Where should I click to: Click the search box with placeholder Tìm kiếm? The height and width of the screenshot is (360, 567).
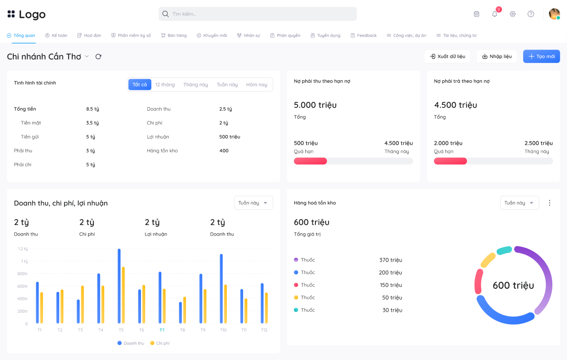tap(257, 14)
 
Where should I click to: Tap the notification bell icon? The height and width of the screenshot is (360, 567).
tap(494, 14)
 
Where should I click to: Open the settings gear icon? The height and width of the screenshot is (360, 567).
tap(513, 14)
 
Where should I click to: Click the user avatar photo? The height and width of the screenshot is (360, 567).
tap(554, 14)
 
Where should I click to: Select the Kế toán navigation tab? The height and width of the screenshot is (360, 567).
tap(56, 35)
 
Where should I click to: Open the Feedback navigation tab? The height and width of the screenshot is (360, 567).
tap(364, 35)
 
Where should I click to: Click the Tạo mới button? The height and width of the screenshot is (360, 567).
tap(541, 56)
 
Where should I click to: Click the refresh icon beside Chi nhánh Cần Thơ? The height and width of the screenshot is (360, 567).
tap(98, 56)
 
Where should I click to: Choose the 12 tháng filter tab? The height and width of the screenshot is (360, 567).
tap(165, 85)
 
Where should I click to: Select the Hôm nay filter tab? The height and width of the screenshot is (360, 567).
tap(256, 85)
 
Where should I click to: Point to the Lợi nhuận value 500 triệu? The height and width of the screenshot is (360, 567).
tap(229, 137)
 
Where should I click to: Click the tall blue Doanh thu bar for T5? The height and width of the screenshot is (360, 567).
tap(119, 286)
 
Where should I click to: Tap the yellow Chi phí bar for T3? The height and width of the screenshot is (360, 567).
tap(82, 304)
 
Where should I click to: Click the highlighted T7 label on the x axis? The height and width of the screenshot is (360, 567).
tap(162, 330)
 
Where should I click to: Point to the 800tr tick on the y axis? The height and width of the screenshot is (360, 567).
tap(23, 274)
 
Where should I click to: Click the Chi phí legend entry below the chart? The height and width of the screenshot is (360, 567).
tap(160, 343)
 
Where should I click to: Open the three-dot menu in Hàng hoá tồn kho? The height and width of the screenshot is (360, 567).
tap(549, 203)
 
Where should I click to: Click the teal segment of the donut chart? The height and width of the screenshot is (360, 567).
tap(504, 250)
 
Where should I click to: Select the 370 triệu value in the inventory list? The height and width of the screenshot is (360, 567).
tap(391, 260)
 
